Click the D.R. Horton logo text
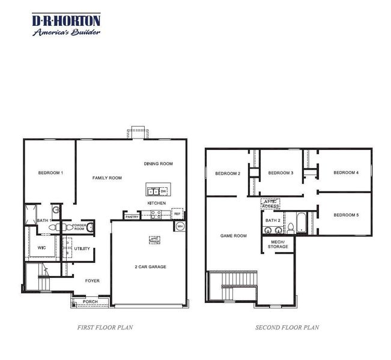coord(66,22)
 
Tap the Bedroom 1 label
coord(50,173)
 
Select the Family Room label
coord(107,178)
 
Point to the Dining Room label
coord(159,163)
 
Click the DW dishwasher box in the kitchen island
coord(163,191)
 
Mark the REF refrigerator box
coord(177,213)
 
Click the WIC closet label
coord(41,247)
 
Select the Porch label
coord(90,302)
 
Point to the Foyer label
coord(92,280)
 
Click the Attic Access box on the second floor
coord(271,204)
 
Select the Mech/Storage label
coord(277,244)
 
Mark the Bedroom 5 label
coord(346,215)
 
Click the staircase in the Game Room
coord(232,287)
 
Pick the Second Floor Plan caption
coord(287,328)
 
